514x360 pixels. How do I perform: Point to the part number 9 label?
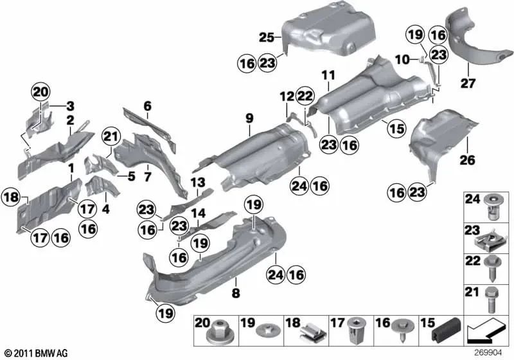tap(249, 118)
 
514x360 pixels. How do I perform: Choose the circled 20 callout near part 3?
tap(41, 93)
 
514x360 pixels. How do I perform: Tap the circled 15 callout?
tap(396, 129)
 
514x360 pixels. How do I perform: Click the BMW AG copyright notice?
tap(36, 353)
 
